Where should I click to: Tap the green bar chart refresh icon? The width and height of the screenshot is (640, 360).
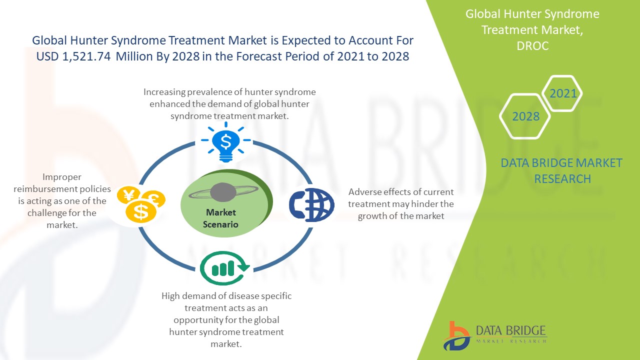[x=225, y=268]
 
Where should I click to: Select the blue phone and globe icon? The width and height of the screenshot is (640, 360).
[x=311, y=205]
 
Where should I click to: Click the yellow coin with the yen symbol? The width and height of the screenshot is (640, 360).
[x=128, y=195]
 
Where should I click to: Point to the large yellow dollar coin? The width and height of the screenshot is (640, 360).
[x=141, y=211]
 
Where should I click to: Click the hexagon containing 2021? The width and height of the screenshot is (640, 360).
[x=562, y=93]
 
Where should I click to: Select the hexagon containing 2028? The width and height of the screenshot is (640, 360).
[x=525, y=116]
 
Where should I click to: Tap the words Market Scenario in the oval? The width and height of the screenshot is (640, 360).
[x=220, y=218]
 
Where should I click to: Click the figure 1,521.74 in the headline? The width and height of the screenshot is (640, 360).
[x=86, y=56]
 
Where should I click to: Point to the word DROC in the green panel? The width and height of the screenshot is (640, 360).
[x=532, y=45]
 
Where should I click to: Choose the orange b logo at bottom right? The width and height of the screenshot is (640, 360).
[x=456, y=336]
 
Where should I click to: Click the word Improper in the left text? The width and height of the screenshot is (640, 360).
[x=61, y=177]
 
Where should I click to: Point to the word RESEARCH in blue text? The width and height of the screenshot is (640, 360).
[x=562, y=179]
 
